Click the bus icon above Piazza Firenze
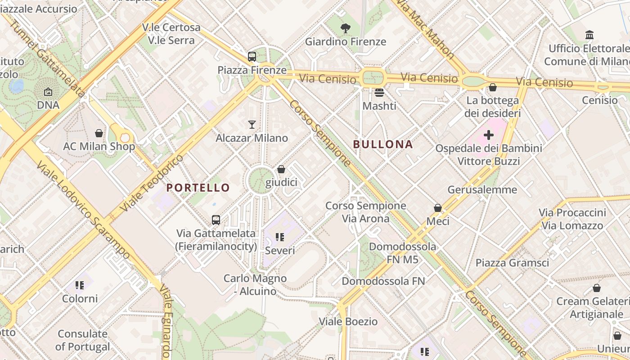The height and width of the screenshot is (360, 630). click(x=252, y=57)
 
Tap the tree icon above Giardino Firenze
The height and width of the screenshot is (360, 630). click(x=346, y=28)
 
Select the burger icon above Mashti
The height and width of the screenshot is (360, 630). click(x=379, y=93)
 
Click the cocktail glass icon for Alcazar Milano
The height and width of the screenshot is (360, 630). click(x=252, y=124)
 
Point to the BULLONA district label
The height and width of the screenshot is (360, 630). click(x=382, y=144)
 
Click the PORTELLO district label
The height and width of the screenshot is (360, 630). click(x=198, y=188)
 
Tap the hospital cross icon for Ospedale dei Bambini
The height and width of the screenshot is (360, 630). click(x=488, y=135)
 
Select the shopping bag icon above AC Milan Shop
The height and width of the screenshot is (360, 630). click(x=99, y=133)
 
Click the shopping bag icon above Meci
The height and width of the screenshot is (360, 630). click(x=437, y=208)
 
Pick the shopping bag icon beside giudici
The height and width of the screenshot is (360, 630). click(x=281, y=169)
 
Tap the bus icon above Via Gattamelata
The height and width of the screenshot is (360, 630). click(x=216, y=220)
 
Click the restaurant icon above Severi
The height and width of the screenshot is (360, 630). click(x=279, y=237)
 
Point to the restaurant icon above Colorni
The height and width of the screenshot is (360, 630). click(x=80, y=285)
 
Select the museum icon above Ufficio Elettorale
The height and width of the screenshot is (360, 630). click(x=589, y=35)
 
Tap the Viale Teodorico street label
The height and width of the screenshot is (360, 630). click(x=153, y=183)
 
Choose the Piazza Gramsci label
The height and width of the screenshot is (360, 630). click(x=512, y=263)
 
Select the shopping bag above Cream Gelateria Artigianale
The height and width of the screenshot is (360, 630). click(x=597, y=288)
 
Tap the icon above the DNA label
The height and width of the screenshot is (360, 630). click(x=48, y=92)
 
